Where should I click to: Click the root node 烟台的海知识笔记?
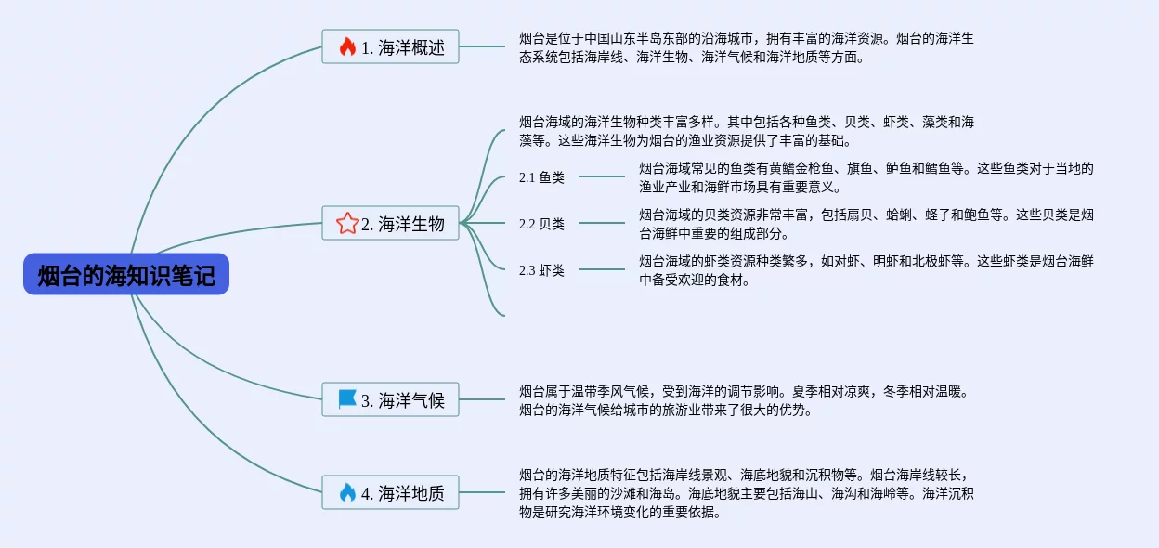(x=126, y=275)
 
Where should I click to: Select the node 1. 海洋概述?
(x=390, y=47)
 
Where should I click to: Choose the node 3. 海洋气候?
(x=390, y=400)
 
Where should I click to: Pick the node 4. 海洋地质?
(x=390, y=492)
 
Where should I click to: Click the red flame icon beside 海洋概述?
(x=347, y=47)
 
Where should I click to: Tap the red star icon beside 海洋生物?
(x=347, y=223)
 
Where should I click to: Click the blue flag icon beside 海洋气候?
(x=347, y=399)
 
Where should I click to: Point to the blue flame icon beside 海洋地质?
(x=347, y=492)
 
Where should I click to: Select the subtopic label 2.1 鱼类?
(x=541, y=177)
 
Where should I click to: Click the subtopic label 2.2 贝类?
(x=541, y=223)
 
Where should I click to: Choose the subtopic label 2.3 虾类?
(x=541, y=270)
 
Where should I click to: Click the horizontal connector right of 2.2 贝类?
(x=602, y=223)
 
